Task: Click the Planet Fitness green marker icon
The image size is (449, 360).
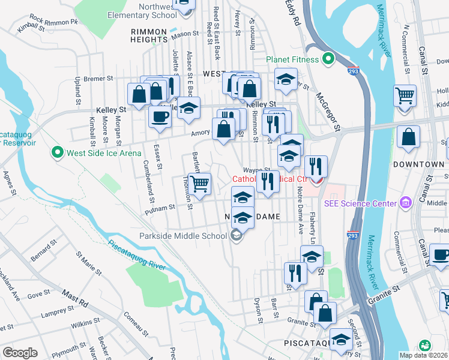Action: click(x=328, y=59)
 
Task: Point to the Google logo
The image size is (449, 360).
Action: click(x=20, y=352)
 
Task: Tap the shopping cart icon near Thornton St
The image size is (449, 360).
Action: click(x=199, y=183)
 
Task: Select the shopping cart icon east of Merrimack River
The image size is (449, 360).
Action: click(x=405, y=95)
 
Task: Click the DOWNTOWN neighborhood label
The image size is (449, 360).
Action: click(x=419, y=164)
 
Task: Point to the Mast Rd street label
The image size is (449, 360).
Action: click(x=76, y=296)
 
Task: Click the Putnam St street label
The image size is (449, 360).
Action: click(x=160, y=206)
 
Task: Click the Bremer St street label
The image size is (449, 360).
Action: click(x=98, y=79)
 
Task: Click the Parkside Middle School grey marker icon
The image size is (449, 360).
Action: click(x=237, y=235)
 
